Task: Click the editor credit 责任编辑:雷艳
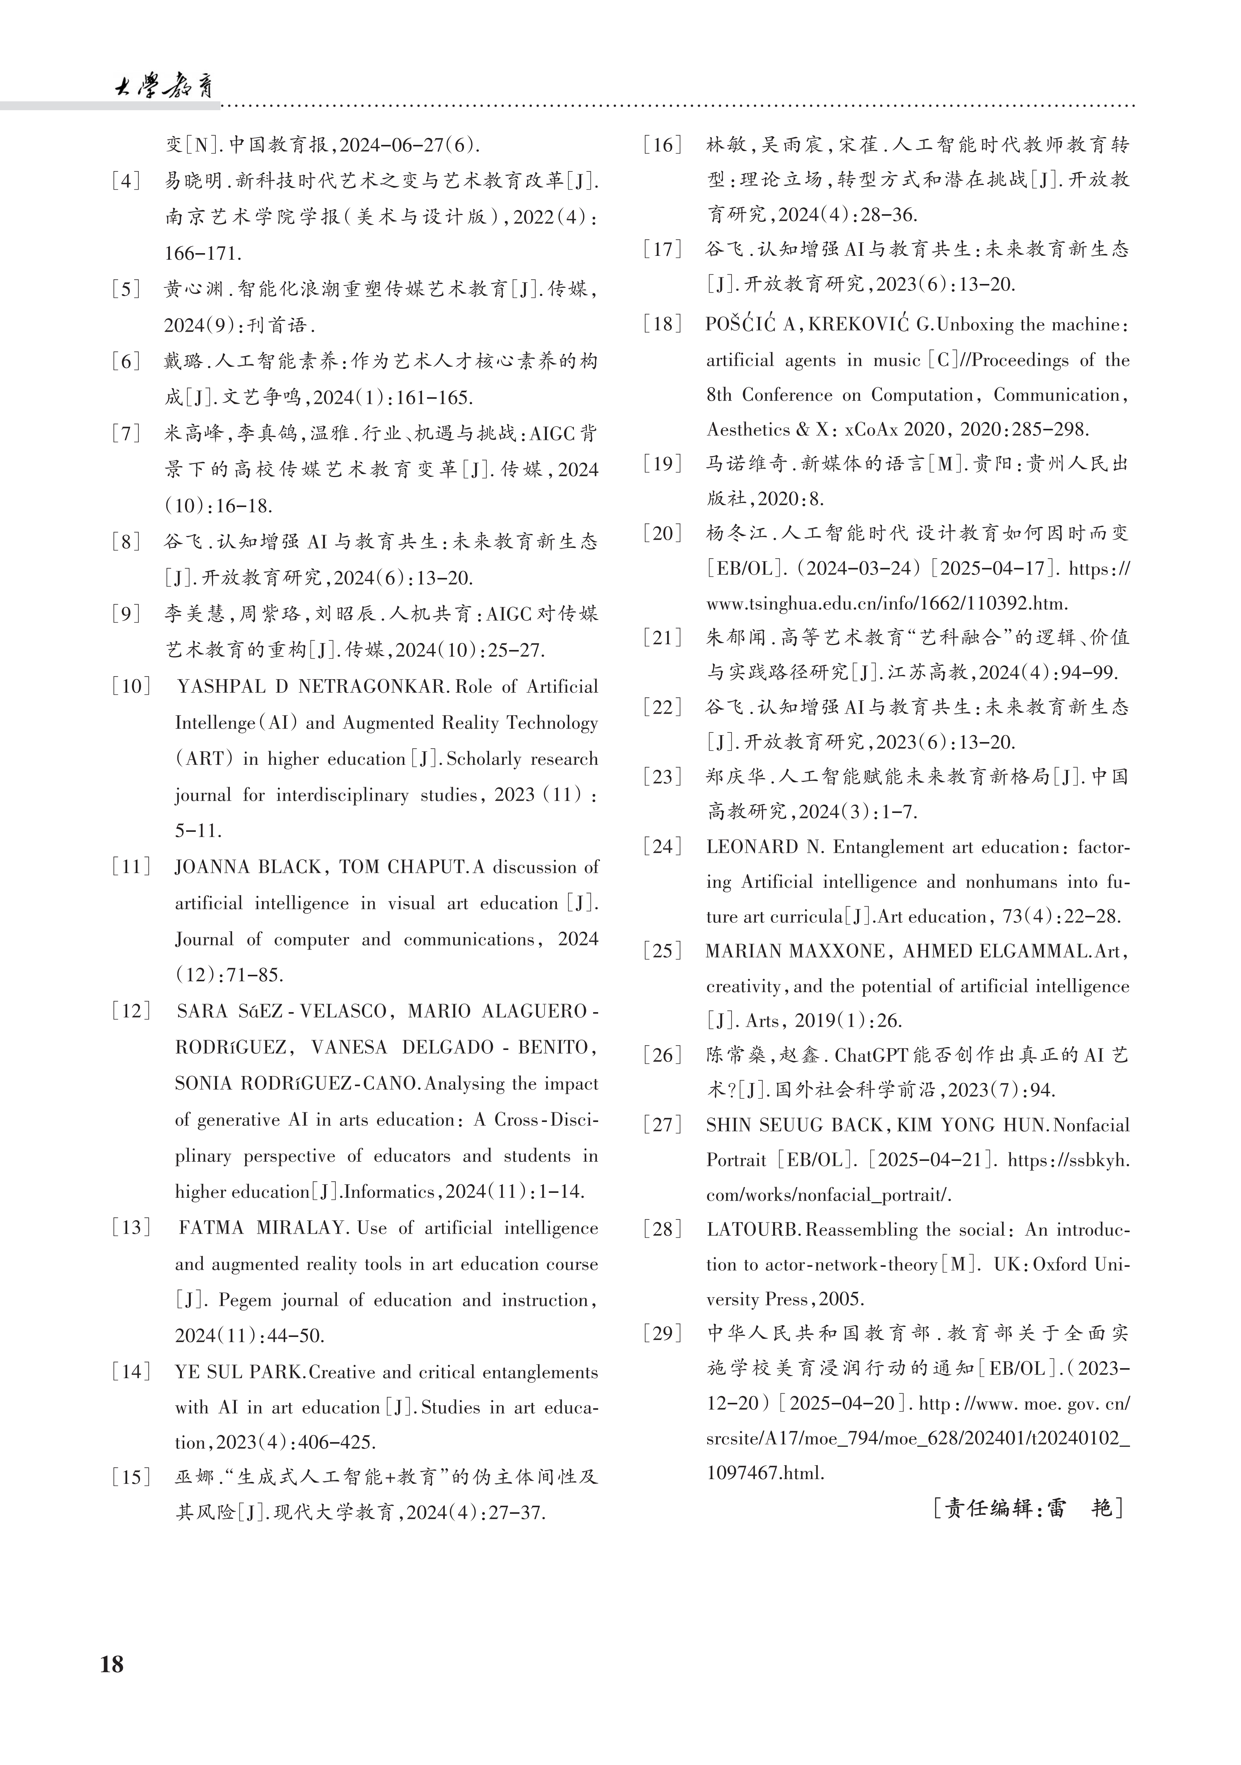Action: tap(1028, 1508)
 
